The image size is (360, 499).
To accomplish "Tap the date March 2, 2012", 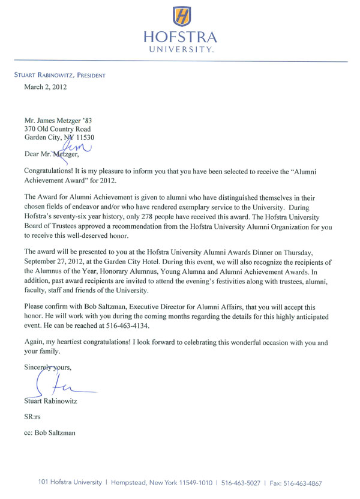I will click(x=45, y=87).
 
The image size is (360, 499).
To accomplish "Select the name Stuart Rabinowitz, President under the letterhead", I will click(x=59, y=75).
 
